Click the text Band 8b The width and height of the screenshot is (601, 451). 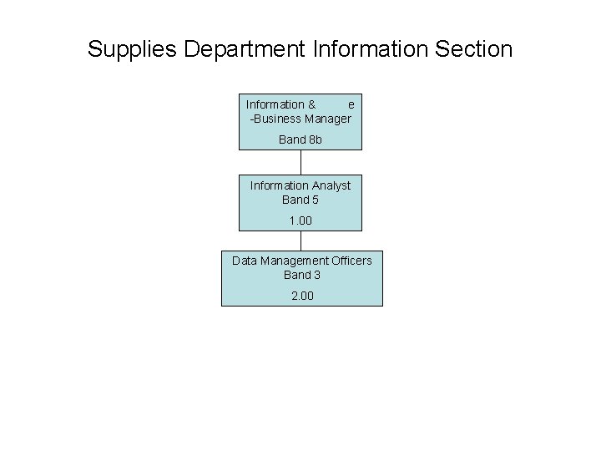300,139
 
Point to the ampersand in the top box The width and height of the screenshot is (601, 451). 311,104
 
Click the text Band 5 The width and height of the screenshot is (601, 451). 300,200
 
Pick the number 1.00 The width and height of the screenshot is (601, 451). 300,220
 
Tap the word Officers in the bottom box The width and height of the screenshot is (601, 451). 351,261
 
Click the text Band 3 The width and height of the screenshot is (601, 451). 302,275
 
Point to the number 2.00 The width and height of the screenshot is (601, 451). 302,296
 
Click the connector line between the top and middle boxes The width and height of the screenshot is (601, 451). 300,162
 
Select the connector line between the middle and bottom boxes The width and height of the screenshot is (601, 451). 300,240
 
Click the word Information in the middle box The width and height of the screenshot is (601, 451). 280,185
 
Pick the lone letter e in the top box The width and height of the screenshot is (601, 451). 351,104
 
